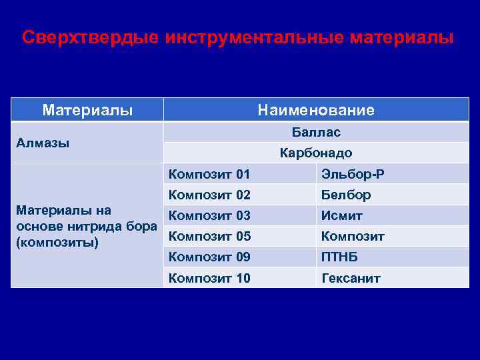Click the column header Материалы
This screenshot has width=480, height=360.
pos(87,109)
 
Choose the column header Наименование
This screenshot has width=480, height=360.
pos(316,110)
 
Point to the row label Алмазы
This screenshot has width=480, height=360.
pos(43,143)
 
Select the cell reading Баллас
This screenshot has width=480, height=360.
pos(316,132)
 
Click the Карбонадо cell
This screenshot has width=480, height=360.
pos(316,153)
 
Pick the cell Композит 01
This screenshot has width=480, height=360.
pos(209,175)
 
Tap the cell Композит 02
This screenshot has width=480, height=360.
pos(209,195)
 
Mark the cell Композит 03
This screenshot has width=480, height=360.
pos(209,216)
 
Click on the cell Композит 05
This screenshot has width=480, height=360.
pos(209,237)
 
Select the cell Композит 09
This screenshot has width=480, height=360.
pos(209,257)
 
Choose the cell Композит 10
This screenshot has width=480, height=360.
pos(209,278)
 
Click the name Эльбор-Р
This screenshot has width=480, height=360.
pos(353,175)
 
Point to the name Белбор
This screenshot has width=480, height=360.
pos(346,195)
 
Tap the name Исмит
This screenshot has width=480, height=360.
pos(342,216)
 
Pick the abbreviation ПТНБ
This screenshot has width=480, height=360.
pos(340,257)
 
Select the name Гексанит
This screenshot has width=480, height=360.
pos(351,278)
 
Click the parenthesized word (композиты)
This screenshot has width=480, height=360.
pos(57,241)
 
